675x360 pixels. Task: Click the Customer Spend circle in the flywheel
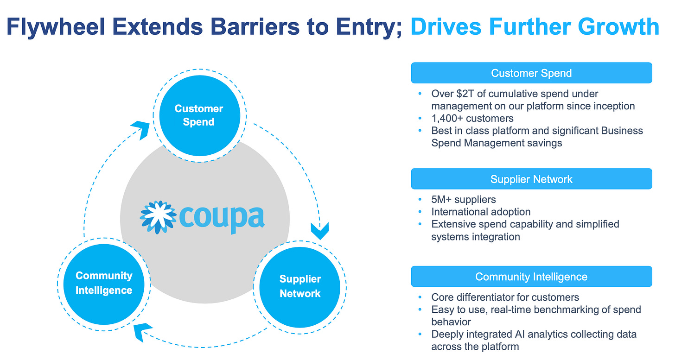coord(198,115)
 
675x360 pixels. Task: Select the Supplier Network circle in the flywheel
coord(300,286)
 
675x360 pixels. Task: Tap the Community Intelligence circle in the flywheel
coord(104,283)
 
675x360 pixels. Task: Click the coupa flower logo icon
coord(158,217)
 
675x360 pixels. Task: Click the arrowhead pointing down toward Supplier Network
coord(319,230)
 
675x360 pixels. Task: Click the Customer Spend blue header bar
coord(531,73)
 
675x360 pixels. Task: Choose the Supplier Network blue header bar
coord(531,179)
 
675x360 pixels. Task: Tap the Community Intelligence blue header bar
coord(531,277)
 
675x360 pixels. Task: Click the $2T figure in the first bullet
coord(464,94)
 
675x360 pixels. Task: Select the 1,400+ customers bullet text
coord(472,118)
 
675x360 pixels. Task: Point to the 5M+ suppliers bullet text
coord(464,200)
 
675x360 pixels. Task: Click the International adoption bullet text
coord(481,212)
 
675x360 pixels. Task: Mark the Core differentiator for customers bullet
coord(505,297)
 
